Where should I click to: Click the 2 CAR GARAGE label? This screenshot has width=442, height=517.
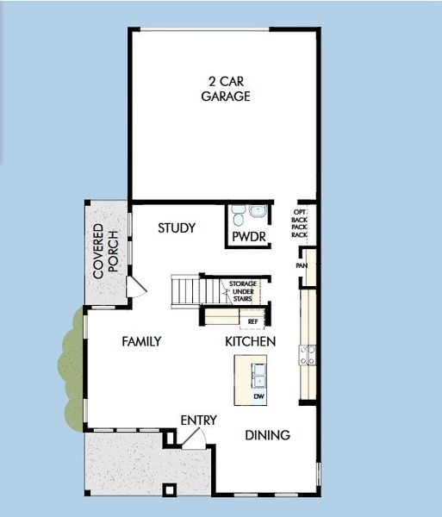[226, 89]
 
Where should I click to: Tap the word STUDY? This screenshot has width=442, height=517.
[177, 228]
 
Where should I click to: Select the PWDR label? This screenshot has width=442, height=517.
[246, 237]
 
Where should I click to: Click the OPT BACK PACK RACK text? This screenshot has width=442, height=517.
[300, 223]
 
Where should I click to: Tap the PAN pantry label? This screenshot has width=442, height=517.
[302, 266]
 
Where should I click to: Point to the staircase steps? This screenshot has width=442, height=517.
[185, 290]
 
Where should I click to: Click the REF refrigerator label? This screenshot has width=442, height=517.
[252, 321]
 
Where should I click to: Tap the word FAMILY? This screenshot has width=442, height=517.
[141, 341]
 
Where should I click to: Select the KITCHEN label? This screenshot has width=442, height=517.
[250, 342]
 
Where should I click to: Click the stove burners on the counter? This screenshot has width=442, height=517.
[306, 355]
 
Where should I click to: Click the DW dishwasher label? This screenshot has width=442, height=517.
[258, 397]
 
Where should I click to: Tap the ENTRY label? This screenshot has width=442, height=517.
[198, 420]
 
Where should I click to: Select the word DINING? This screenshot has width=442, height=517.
[267, 435]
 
